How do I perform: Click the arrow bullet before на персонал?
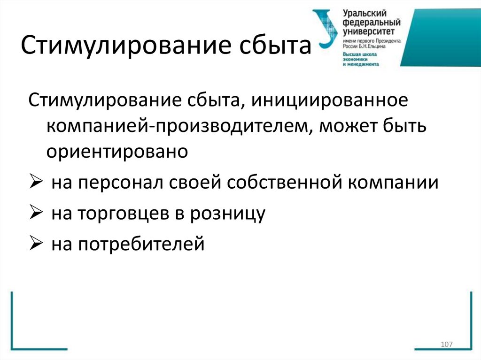pos(36,182)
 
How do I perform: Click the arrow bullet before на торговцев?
pos(36,213)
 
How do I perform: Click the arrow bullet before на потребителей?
pos(36,244)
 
